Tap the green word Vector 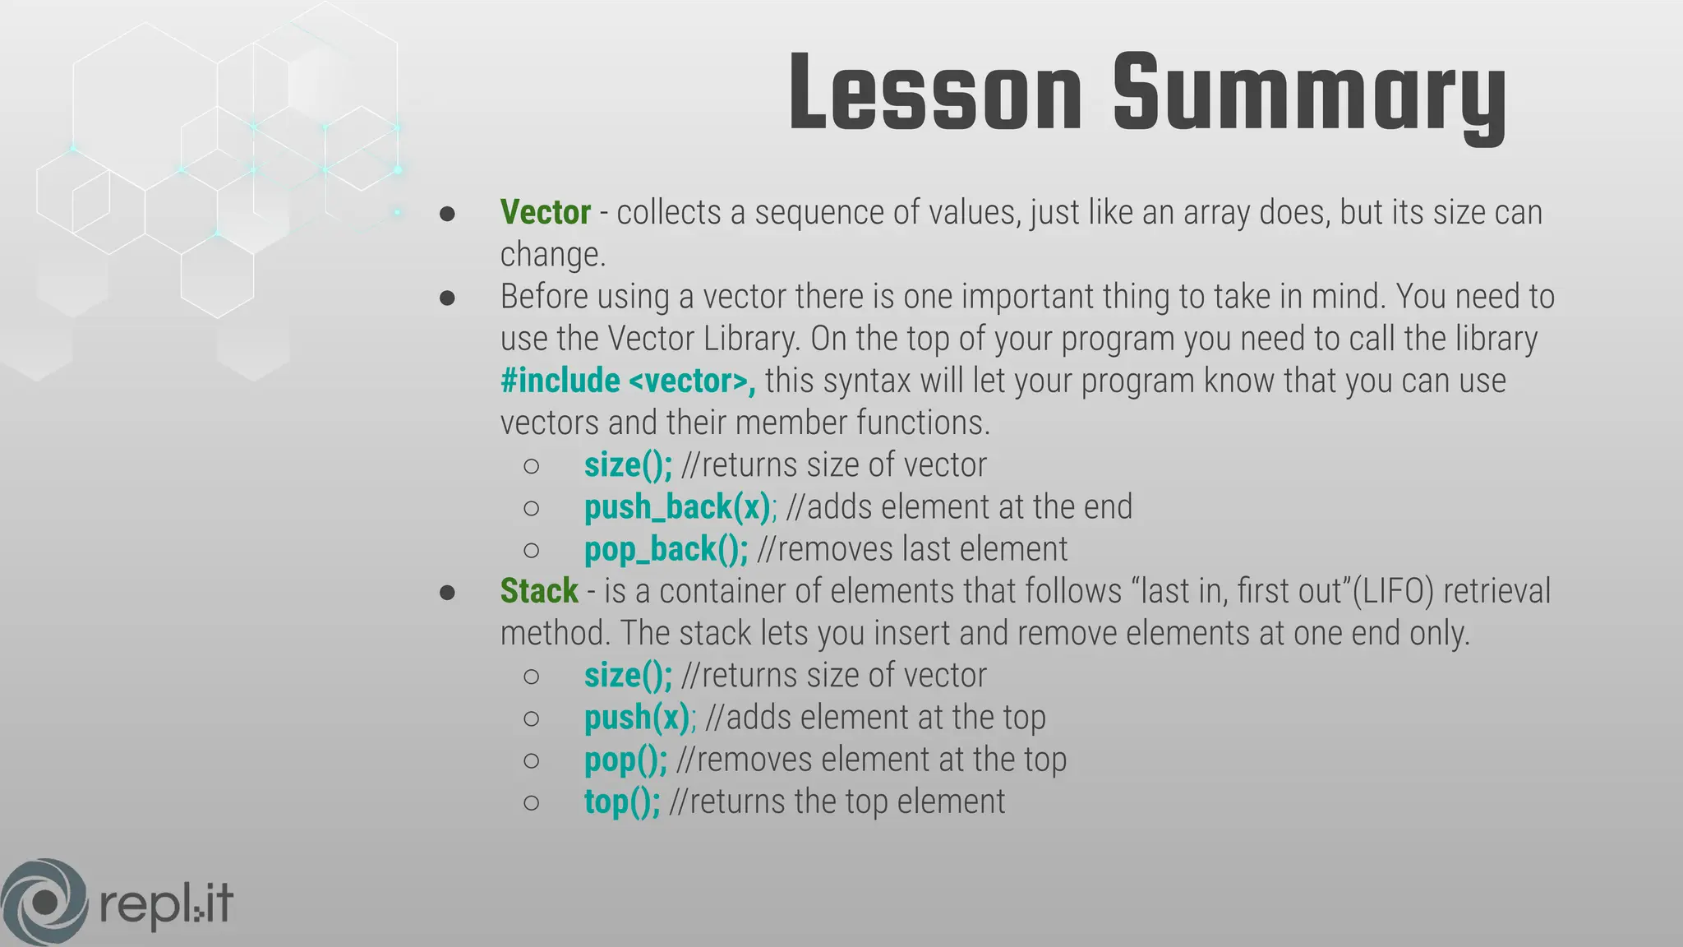pyautogui.click(x=545, y=212)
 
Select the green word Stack pyautogui.click(x=539, y=591)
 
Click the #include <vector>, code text pyautogui.click(x=628, y=381)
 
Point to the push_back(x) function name pyautogui.click(x=677, y=507)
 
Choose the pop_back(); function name pyautogui.click(x=666, y=549)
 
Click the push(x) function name pyautogui.click(x=637, y=718)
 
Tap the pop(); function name pyautogui.click(x=625, y=760)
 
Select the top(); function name pyautogui.click(x=622, y=801)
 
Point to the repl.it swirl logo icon pyautogui.click(x=44, y=902)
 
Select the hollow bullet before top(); pyautogui.click(x=532, y=802)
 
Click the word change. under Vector pyautogui.click(x=552, y=255)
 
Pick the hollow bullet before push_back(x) pyautogui.click(x=532, y=508)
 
